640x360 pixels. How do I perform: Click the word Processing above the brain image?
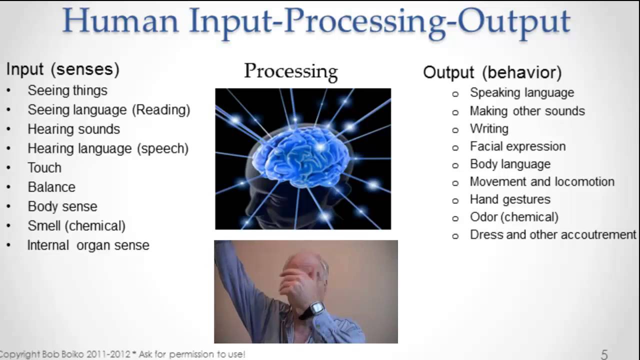pos(290,71)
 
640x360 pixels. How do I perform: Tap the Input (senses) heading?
pos(62,69)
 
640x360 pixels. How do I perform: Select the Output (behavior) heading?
pos(492,72)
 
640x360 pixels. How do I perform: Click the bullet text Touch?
pos(44,167)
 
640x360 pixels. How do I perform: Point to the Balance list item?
pos(51,187)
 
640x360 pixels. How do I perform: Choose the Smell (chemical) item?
pos(76,225)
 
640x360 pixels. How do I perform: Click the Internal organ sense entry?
pos(88,245)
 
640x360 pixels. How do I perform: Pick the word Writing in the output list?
pos(489,128)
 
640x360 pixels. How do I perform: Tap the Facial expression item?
pos(517,146)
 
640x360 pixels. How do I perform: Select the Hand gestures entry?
pos(510,199)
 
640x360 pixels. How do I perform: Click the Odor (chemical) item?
pos(514,217)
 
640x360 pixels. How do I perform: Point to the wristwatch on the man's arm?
pos(314,309)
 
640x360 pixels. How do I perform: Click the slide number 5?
pos(604,354)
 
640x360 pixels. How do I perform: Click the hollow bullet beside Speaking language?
pos(455,94)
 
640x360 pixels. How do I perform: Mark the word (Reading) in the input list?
pos(161,109)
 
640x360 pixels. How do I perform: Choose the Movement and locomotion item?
pos(542,181)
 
